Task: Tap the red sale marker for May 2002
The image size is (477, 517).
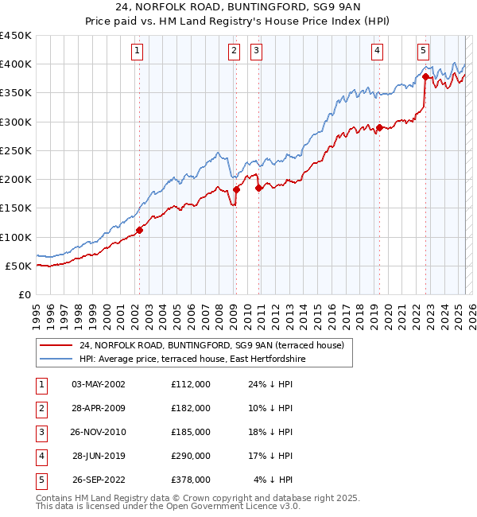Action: (139, 230)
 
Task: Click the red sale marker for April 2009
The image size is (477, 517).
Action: (236, 189)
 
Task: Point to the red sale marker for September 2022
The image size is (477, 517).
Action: (425, 77)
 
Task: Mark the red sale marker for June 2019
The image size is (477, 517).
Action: (380, 127)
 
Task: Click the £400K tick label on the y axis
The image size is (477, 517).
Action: (16, 64)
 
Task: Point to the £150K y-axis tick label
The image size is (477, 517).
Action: (16, 208)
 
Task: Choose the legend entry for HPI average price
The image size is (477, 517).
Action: (192, 360)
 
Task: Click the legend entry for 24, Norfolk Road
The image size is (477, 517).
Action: (211, 346)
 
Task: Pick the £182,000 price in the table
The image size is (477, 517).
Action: (191, 408)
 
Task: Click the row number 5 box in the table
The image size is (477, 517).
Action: (41, 480)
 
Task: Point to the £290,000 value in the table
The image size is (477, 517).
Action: (191, 456)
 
